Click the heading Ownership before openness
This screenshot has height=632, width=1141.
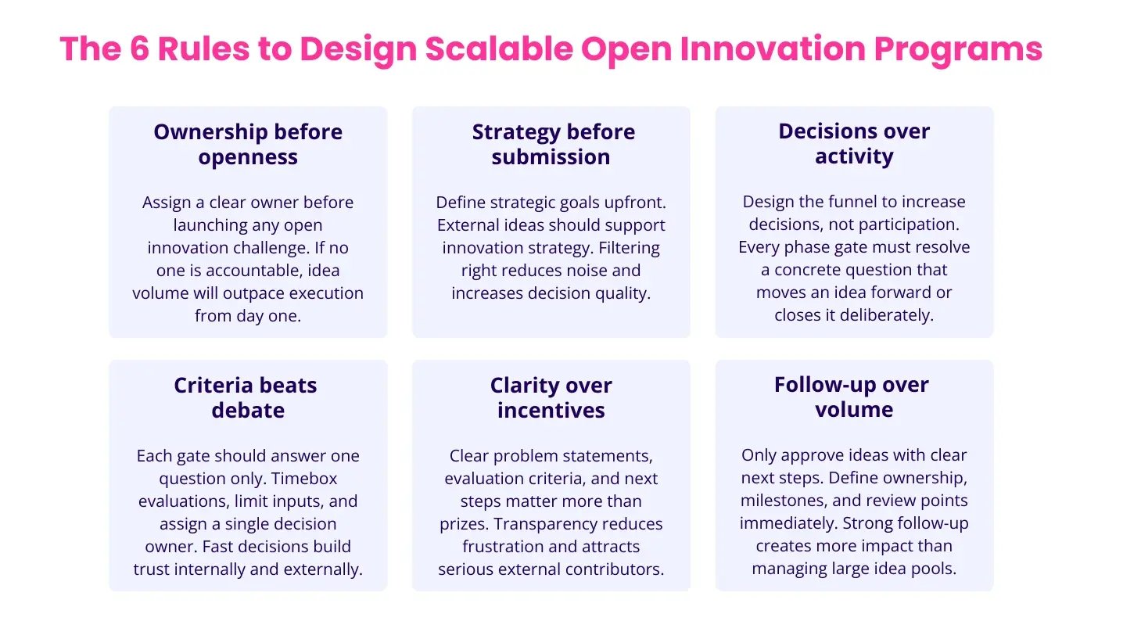coord(248,144)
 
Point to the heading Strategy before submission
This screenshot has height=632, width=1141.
coord(552,144)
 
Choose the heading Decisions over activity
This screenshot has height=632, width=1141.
coord(854,143)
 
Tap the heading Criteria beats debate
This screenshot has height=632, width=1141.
coord(246,397)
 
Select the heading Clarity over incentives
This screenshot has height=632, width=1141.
coord(551,397)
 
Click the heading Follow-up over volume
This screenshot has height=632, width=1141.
coord(852,397)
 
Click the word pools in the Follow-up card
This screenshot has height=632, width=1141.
coord(935,569)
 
